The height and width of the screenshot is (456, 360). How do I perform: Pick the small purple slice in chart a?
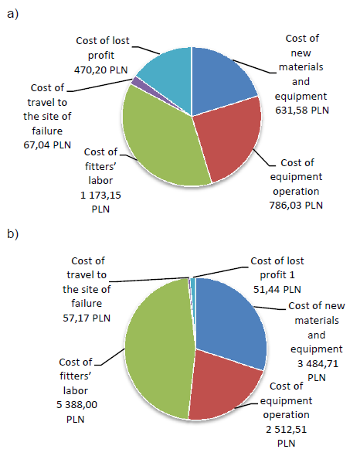coord(137,81)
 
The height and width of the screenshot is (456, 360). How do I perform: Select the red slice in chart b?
coord(224,383)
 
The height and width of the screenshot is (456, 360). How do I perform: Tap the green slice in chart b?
coord(155,348)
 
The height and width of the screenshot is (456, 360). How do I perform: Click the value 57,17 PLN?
coord(88,317)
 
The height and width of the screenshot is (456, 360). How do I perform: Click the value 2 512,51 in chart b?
coord(287,429)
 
